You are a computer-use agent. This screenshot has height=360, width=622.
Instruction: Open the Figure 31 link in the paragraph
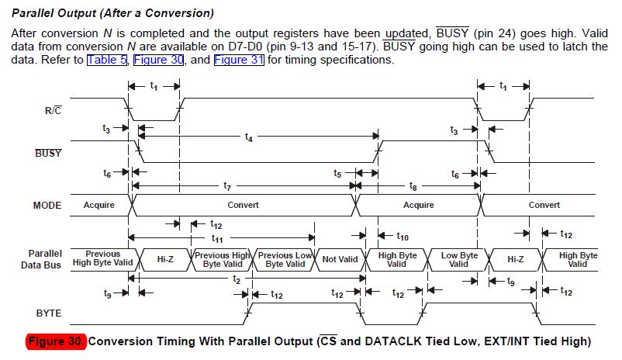(240, 60)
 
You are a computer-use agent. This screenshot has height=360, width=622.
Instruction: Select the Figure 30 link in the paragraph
(158, 60)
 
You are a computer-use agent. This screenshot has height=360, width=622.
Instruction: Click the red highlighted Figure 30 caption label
(57, 341)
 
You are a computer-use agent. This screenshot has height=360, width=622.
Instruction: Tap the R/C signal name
(54, 110)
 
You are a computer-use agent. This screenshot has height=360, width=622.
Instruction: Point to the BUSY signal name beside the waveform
(49, 153)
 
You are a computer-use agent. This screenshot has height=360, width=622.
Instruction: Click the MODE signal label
(47, 205)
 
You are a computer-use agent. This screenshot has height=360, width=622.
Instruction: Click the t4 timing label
(248, 137)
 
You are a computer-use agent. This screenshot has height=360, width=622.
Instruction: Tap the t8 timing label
(413, 186)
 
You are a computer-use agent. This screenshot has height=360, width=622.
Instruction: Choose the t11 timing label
(217, 238)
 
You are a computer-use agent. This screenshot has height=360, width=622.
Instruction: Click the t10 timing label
(403, 235)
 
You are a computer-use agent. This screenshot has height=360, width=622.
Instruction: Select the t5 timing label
(337, 174)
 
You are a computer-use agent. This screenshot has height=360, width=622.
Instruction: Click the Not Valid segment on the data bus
(340, 259)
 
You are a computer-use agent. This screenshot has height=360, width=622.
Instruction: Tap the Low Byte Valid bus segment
(459, 259)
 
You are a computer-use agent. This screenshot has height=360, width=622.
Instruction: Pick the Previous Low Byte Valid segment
(285, 259)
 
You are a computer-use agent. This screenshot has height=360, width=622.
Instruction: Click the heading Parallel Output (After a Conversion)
(113, 14)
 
